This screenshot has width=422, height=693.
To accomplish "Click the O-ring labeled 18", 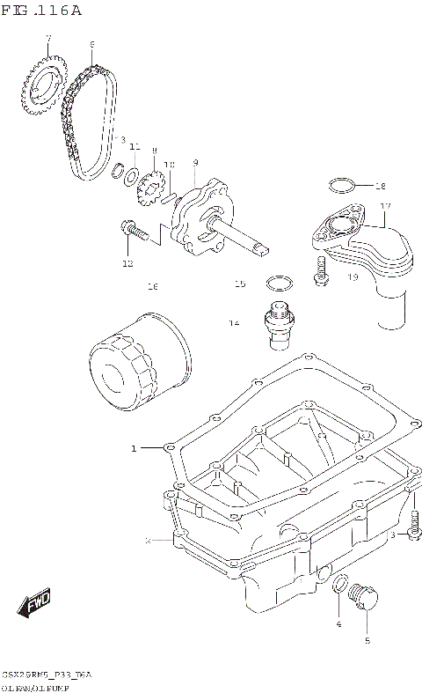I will click(x=343, y=186).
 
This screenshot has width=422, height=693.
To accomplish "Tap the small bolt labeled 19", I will click(x=320, y=272).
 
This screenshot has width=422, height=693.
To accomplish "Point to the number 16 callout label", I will click(x=152, y=287).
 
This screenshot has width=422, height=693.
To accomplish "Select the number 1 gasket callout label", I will click(x=135, y=448).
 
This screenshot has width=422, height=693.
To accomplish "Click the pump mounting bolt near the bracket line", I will click(x=133, y=231).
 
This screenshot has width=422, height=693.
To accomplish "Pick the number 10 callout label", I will click(x=170, y=165).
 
